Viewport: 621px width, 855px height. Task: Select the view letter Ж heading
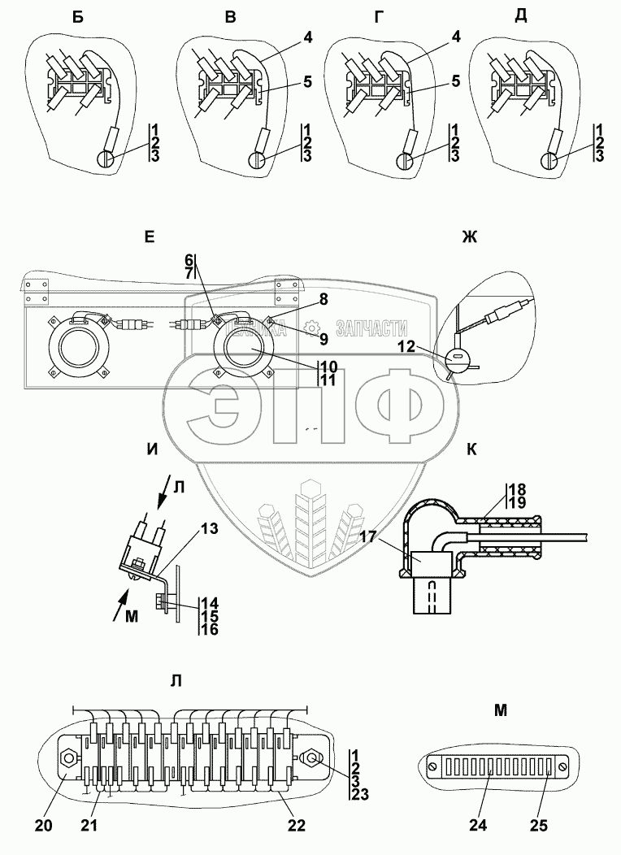pos(470,237)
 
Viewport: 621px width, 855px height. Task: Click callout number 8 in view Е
pos(324,300)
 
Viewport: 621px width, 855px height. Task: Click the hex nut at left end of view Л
pos(70,758)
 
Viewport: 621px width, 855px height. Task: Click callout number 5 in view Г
pos(455,82)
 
